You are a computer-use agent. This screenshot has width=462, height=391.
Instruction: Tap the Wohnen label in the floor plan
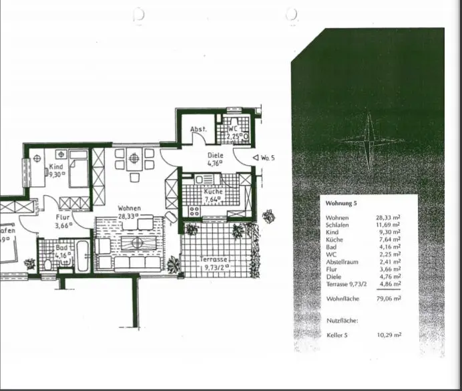[x=128, y=208]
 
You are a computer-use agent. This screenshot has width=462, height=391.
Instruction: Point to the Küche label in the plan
[x=214, y=190]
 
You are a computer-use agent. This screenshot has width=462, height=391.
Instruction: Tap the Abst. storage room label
[x=198, y=129]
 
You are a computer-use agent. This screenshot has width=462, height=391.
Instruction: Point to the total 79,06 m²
[x=387, y=299]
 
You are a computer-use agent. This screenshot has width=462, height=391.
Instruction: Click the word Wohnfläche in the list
[x=344, y=299]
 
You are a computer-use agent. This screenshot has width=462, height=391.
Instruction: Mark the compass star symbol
[x=368, y=140]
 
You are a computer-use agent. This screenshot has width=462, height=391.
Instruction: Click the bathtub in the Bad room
[x=83, y=256]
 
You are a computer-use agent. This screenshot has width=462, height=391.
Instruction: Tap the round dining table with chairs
[x=134, y=159]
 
